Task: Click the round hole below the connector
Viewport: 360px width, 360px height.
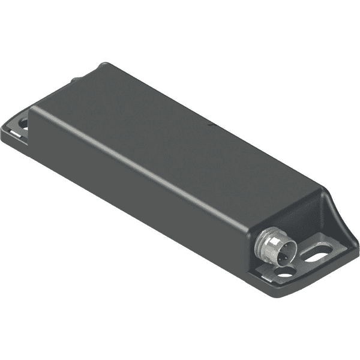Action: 285,272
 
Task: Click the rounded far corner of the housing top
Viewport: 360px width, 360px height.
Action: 104,66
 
